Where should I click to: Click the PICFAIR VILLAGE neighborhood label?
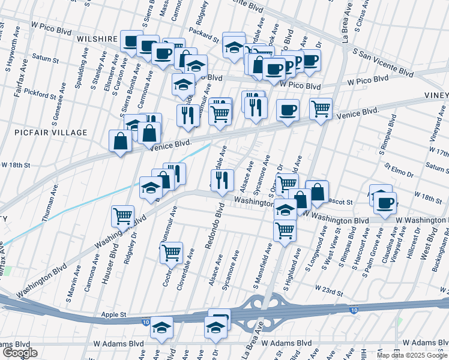click(53, 132)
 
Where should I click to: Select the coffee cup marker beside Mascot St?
click(384, 202)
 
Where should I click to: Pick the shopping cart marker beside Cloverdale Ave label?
click(172, 253)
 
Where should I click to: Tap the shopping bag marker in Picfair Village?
click(121, 141)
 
